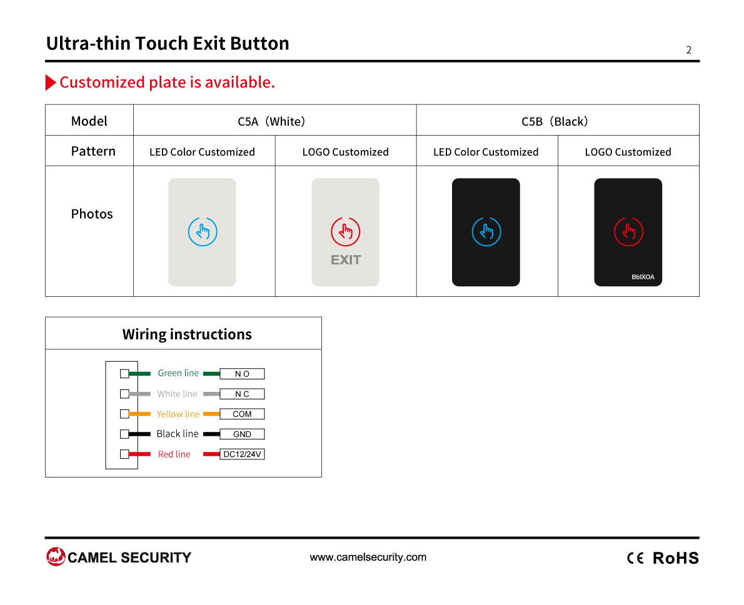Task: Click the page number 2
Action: (688, 50)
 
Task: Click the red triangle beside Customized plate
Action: (50, 82)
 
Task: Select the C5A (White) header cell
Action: (274, 120)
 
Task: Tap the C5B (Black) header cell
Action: (558, 120)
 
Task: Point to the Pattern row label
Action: (93, 151)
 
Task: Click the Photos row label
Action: (92, 214)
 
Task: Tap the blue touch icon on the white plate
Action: (203, 231)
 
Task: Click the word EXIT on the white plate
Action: (346, 260)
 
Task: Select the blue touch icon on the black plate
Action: (486, 231)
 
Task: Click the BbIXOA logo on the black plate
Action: (643, 277)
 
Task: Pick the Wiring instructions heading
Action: (187, 334)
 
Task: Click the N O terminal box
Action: (242, 374)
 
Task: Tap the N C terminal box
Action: (242, 394)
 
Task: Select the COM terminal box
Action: (242, 414)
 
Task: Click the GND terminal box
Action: (242, 434)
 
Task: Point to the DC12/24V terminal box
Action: (242, 454)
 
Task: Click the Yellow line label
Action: (178, 414)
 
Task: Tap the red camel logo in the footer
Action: (56, 557)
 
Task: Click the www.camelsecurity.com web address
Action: (368, 557)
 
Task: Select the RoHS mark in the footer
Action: (676, 558)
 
